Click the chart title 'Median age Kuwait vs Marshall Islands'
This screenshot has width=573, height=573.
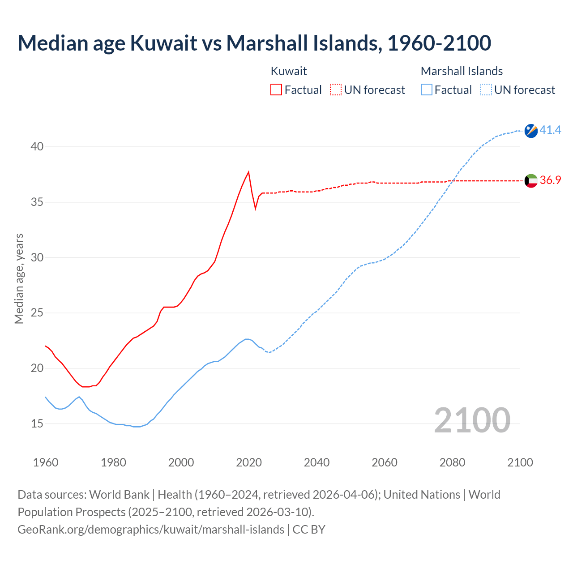(x=254, y=43)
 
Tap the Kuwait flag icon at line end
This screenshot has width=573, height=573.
(x=531, y=181)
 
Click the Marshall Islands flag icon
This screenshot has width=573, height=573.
(x=531, y=131)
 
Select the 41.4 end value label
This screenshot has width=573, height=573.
(x=550, y=130)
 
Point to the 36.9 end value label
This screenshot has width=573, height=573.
(x=550, y=180)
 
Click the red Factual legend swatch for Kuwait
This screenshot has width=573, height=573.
(x=276, y=90)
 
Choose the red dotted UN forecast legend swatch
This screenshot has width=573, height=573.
(x=336, y=90)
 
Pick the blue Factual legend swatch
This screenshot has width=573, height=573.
(x=427, y=90)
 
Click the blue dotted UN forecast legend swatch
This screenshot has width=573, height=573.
(x=486, y=90)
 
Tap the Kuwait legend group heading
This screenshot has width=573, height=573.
(x=289, y=71)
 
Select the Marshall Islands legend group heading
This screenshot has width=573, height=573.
(x=462, y=71)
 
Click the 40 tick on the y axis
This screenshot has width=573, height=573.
(x=37, y=147)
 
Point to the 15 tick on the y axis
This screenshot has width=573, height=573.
(x=37, y=423)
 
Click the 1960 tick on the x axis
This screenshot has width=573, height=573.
(x=46, y=462)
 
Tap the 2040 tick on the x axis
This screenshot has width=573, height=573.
(x=316, y=462)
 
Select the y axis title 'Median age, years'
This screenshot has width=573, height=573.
(x=19, y=278)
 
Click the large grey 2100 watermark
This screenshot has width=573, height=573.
(x=472, y=420)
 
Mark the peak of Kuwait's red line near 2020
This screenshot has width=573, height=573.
(x=248, y=172)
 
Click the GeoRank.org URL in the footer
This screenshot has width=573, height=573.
(x=151, y=530)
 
